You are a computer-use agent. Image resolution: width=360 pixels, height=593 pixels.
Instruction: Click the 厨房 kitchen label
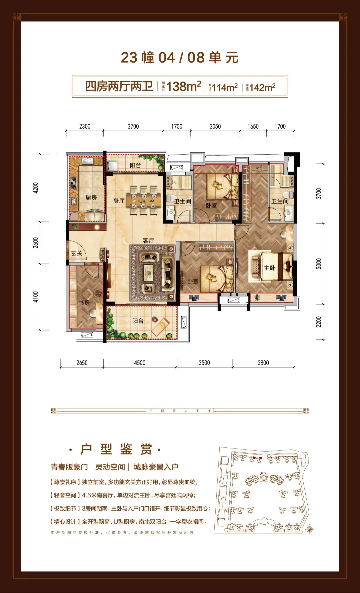coord(91,198)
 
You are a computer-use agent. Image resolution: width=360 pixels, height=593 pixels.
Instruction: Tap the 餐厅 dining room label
coord(119,201)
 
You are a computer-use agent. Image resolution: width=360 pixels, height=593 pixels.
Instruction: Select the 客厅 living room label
coord(148,241)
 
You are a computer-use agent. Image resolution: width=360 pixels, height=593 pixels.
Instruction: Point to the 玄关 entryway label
coord(77,253)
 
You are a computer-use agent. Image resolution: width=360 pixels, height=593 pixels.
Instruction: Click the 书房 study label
coord(84,302)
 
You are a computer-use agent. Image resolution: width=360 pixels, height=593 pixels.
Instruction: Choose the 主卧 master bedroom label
coord(269,268)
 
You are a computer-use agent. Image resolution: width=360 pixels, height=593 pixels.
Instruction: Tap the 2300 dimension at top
coord(85,127)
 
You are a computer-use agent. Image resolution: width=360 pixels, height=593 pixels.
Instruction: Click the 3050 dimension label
coord(215,127)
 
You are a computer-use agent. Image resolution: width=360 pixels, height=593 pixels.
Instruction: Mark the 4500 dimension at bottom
coord(140,363)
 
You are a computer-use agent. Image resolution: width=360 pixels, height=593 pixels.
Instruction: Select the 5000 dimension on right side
coord(319,264)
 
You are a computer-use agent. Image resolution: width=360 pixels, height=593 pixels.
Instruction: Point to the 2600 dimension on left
coord(36,243)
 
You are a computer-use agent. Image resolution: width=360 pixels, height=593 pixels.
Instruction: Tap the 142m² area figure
coord(262,87)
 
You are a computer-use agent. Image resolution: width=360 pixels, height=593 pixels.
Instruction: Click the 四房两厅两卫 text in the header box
coord(119,86)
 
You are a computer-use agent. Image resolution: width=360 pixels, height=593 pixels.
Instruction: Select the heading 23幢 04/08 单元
coord(180,58)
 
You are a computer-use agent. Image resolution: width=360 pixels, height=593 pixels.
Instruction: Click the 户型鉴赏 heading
coord(116,449)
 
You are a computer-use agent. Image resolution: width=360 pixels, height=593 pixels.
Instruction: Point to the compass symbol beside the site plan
coord(310,528)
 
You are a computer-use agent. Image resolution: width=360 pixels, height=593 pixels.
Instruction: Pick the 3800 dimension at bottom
coord(263,363)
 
